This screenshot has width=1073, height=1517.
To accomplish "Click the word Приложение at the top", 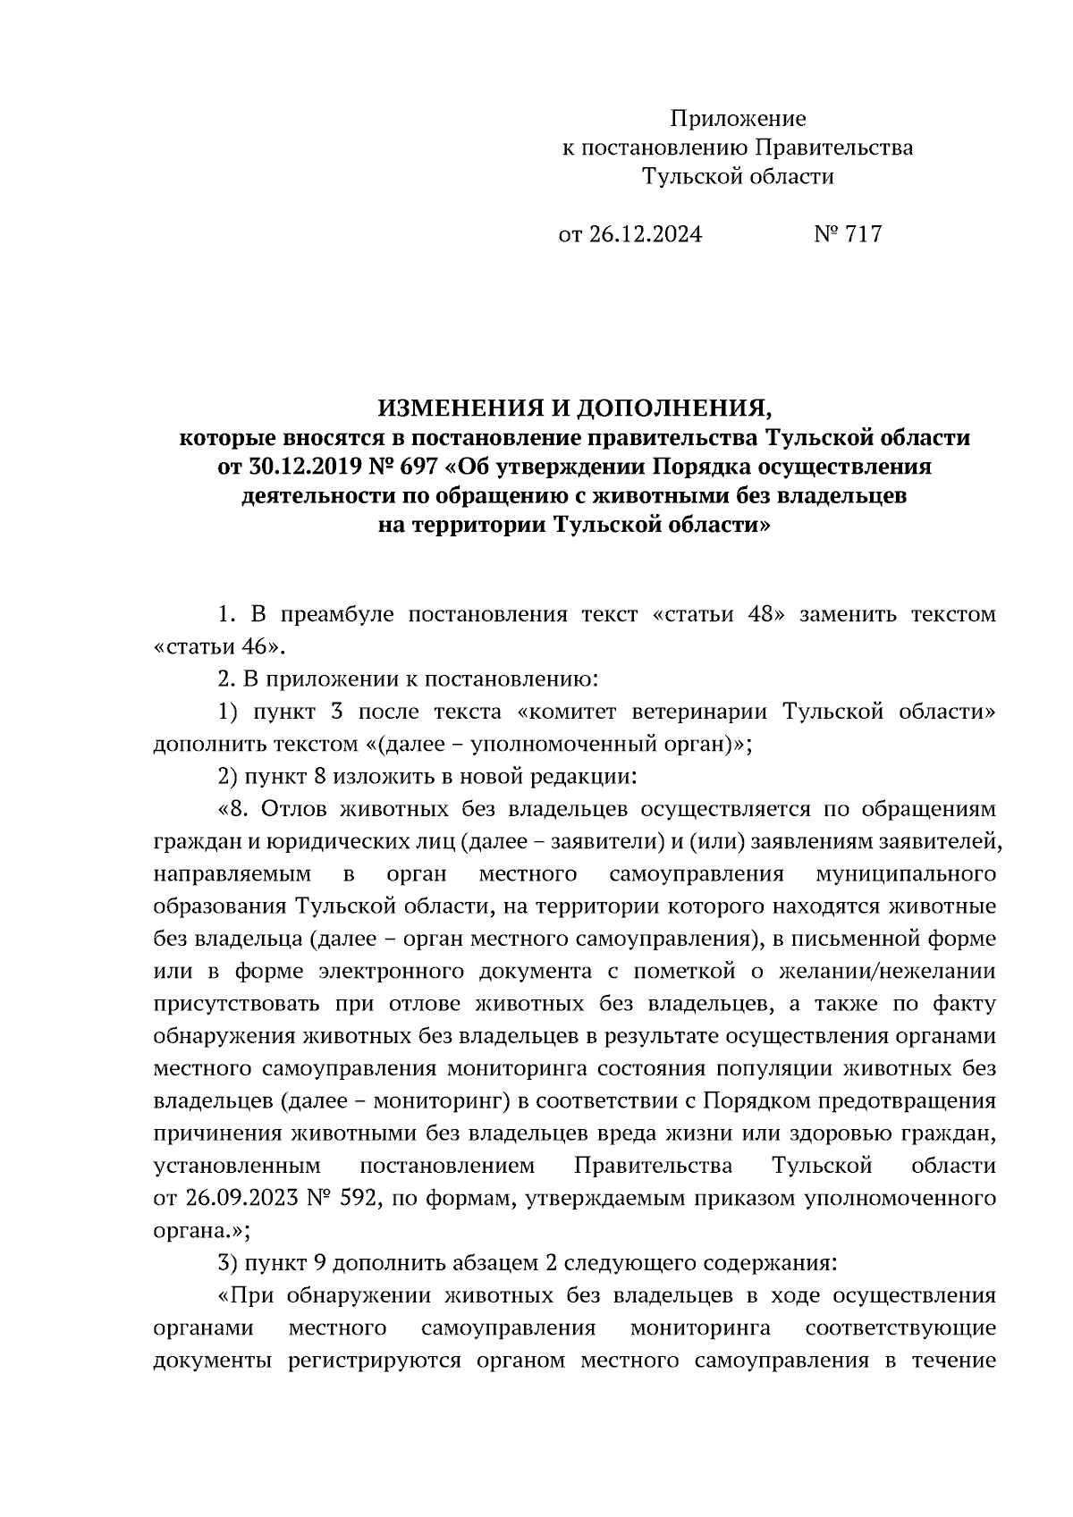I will pos(738,119).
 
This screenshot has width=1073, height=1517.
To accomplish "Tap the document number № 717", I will pos(848,234).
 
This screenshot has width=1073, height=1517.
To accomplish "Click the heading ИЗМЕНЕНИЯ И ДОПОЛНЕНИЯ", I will pos(574,409).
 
